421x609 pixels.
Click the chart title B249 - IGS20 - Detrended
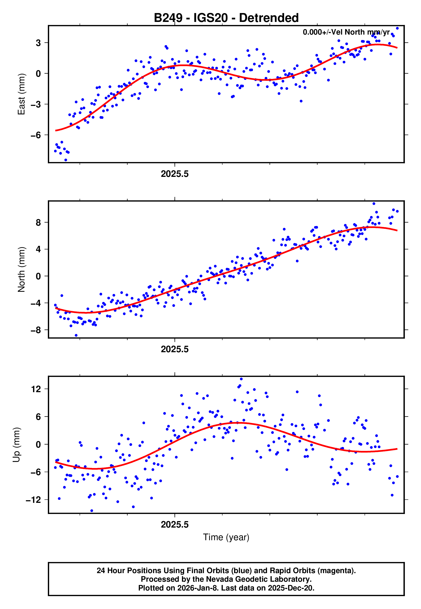pyautogui.click(x=226, y=18)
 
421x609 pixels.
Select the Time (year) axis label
pyautogui.click(x=226, y=537)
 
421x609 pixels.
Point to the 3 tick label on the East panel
pyautogui.click(x=38, y=43)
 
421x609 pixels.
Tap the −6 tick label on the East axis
pyautogui.click(x=36, y=135)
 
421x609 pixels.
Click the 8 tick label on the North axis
pyautogui.click(x=38, y=223)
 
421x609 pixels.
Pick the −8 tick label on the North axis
pyautogui.click(x=36, y=330)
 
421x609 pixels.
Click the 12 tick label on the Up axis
pyautogui.click(x=36, y=389)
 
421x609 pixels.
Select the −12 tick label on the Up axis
pyautogui.click(x=33, y=500)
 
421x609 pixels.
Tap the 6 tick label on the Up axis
pyautogui.click(x=38, y=417)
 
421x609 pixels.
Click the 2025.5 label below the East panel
pyautogui.click(x=175, y=174)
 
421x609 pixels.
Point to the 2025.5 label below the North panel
pyautogui.click(x=175, y=349)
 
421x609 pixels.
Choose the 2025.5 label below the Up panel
pyautogui.click(x=175, y=525)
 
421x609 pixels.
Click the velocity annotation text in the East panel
pyautogui.click(x=346, y=32)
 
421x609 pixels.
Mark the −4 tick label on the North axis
pyautogui.click(x=36, y=303)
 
